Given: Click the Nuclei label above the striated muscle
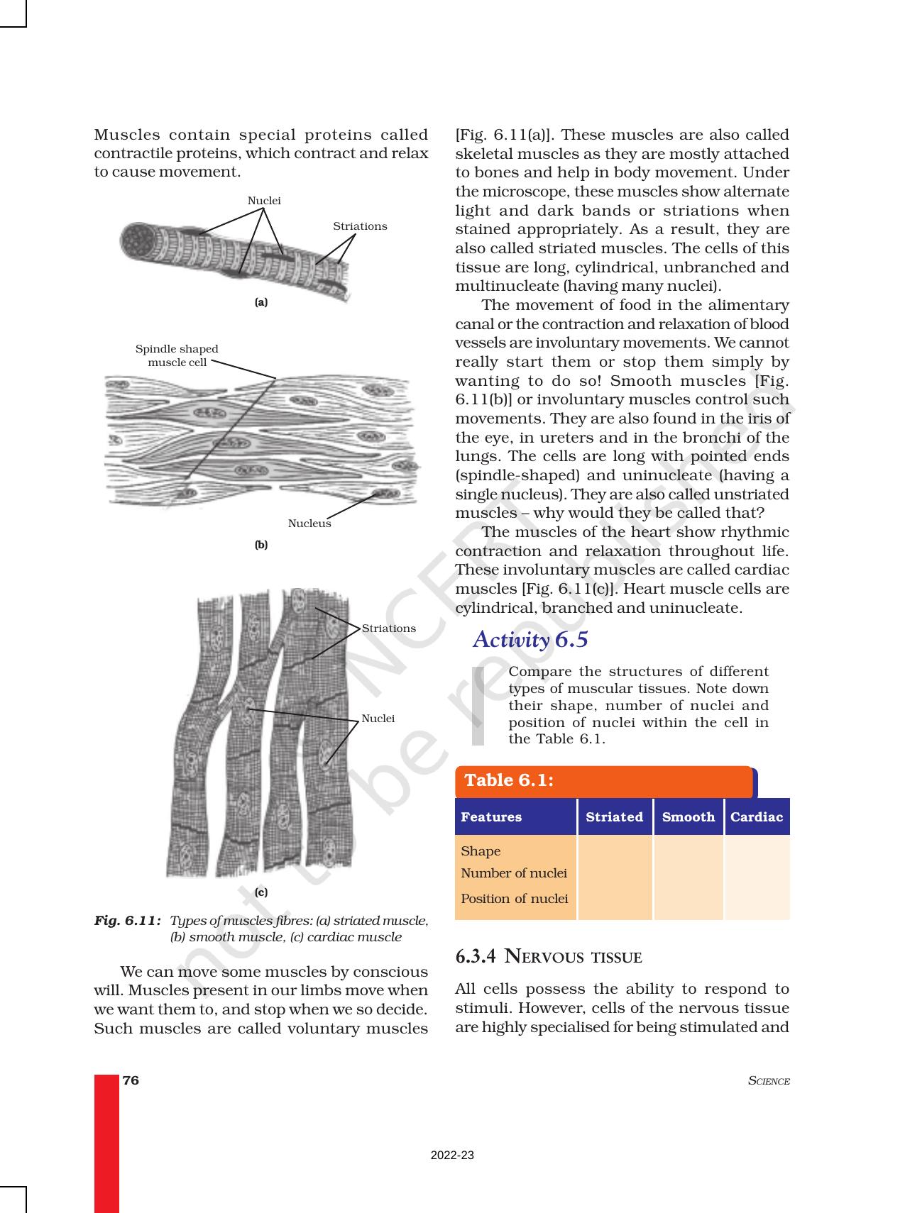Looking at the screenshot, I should coord(264,201).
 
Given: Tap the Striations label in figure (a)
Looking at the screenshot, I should coord(360,226).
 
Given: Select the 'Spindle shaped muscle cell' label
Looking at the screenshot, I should coord(177,355).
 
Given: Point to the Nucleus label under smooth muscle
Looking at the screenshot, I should coord(309,524).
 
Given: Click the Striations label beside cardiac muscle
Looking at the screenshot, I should coord(388,628).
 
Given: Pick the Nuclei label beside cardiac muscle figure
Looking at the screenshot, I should coord(378,719).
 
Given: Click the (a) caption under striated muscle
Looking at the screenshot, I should coord(261,302).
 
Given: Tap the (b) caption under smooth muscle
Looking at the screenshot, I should coord(261,545).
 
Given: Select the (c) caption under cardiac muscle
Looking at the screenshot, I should coord(261,892).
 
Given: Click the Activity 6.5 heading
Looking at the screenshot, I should coord(530,640).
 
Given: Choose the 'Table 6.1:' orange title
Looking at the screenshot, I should coord(509,781).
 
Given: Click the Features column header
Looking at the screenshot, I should coord(490,817).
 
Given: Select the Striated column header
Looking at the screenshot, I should coord(614,817).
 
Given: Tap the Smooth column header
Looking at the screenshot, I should coord(688,817).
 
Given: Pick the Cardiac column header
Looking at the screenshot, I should coord(756,817).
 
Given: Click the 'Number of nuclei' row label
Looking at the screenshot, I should coord(514,873).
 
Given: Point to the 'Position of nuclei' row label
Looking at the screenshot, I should coord(514,899).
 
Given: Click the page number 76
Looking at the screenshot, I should coord(131,1080).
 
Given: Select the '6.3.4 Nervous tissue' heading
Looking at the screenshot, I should coord(548,957).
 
